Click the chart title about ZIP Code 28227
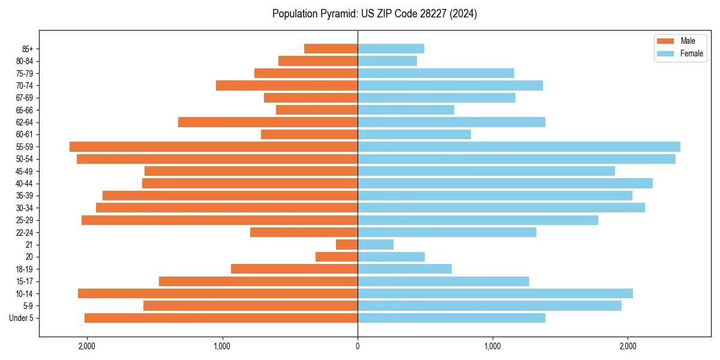(x=374, y=14)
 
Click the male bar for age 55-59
(x=214, y=146)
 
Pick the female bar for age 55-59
(x=519, y=146)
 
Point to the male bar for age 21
(x=347, y=245)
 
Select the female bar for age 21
(x=376, y=245)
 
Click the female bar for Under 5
(x=451, y=318)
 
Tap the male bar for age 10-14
(x=218, y=293)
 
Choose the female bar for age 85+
(x=391, y=49)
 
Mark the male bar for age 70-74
(x=287, y=85)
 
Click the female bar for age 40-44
(x=505, y=184)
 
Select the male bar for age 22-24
(x=304, y=232)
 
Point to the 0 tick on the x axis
(x=358, y=346)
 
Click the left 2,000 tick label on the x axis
(x=87, y=346)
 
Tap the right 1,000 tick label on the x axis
(x=493, y=346)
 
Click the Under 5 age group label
(x=22, y=318)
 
